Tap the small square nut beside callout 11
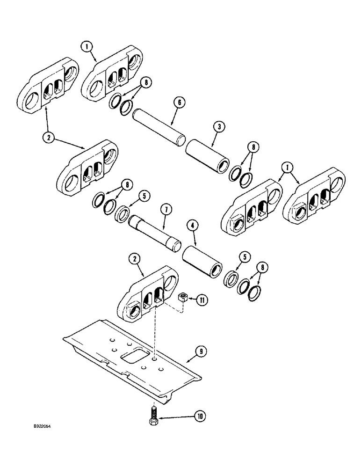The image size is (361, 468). pyautogui.click(x=183, y=298)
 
